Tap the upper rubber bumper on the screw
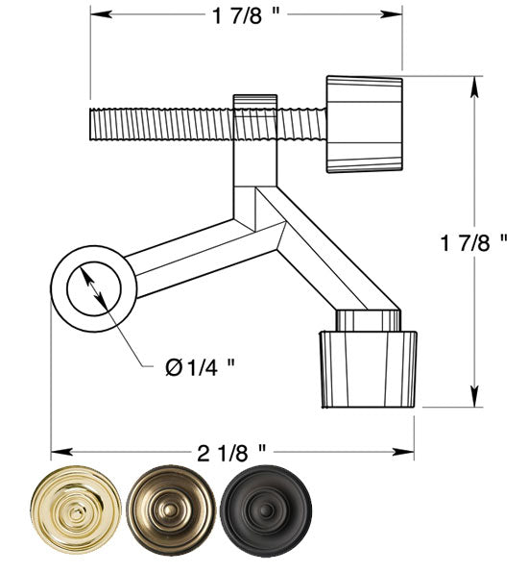(x=364, y=123)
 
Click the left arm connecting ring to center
(x=182, y=255)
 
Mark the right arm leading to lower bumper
(x=326, y=260)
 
